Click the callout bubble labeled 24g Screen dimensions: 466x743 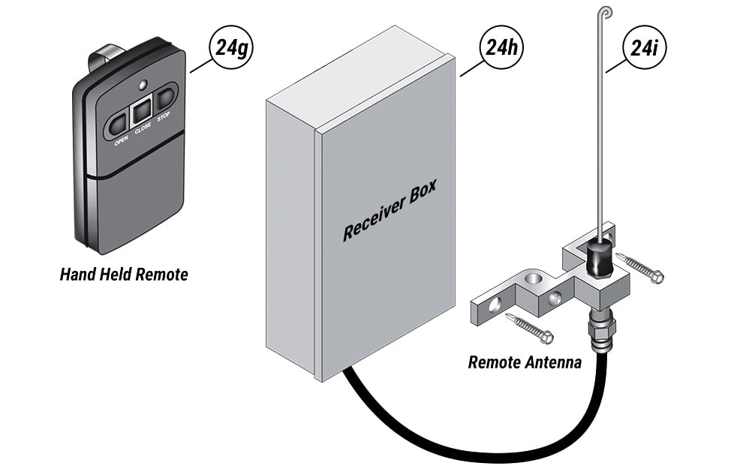click(x=230, y=50)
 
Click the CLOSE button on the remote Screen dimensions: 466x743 click(x=141, y=113)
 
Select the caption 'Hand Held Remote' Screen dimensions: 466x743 click(x=124, y=275)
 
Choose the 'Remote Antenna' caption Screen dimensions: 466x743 click(x=525, y=363)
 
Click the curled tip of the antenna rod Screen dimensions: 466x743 click(x=606, y=12)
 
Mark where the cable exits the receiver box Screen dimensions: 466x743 click(x=346, y=371)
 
